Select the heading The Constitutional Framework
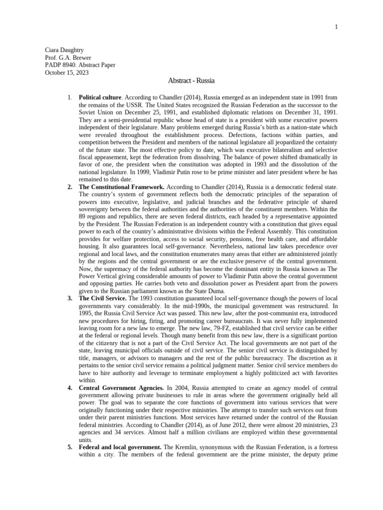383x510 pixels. point(121,187)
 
